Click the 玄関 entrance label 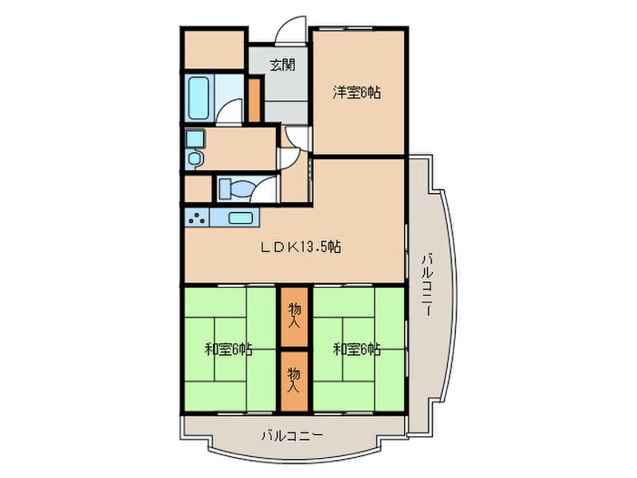tap(282, 65)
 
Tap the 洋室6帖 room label tap(356, 92)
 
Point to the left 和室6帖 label tap(228, 349)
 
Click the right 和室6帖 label tap(356, 349)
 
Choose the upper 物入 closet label tap(294, 314)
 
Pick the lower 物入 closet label tap(294, 377)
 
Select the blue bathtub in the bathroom tap(199, 97)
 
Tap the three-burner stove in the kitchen tap(197, 218)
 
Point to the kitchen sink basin tap(240, 218)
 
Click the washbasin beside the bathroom tap(194, 147)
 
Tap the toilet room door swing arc tap(267, 188)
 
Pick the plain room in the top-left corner tap(215, 50)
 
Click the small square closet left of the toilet tap(197, 188)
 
